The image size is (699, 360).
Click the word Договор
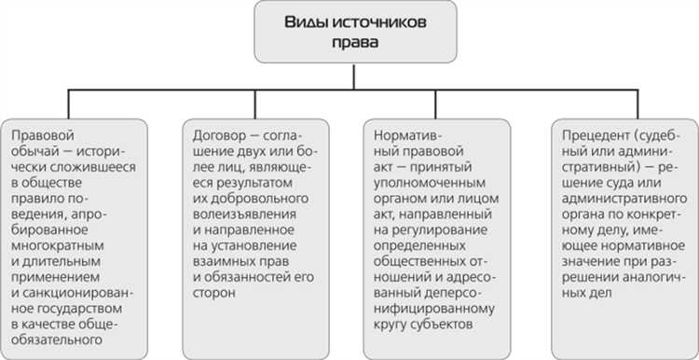(x=214, y=134)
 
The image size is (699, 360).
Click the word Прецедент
(x=583, y=134)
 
